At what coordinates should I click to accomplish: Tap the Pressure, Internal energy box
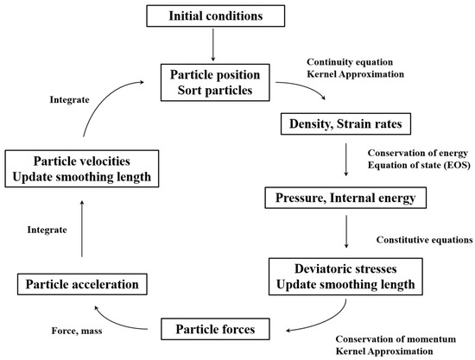tap(340, 200)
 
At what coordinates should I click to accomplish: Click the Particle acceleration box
tap(82, 283)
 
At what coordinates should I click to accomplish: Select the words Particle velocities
tap(82, 160)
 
